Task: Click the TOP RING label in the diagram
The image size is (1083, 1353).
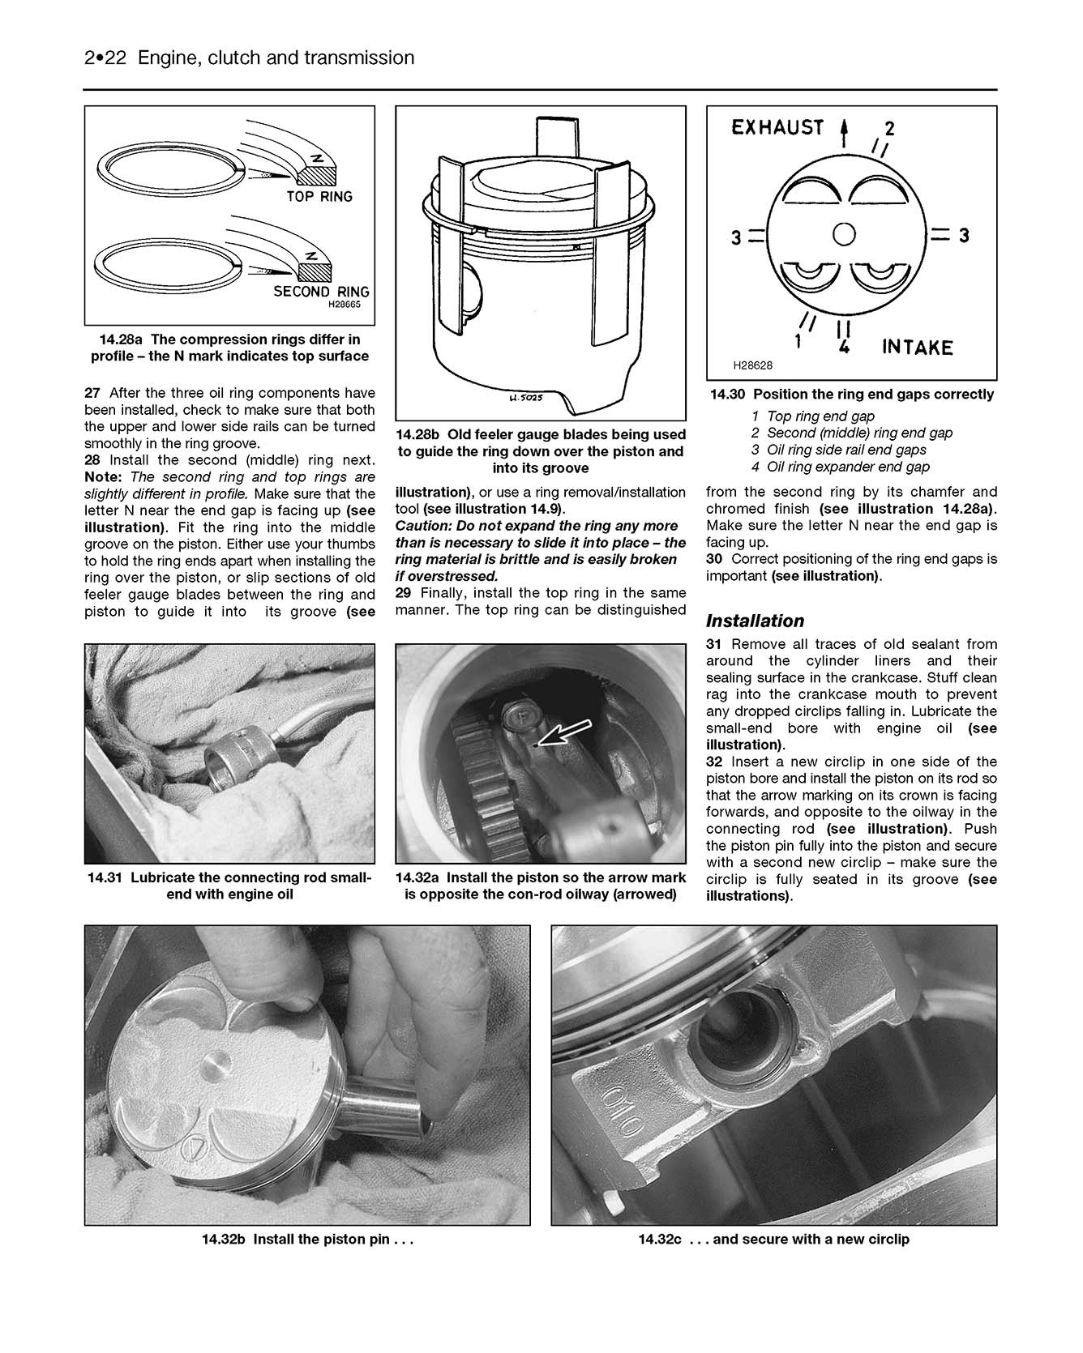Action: click(x=319, y=197)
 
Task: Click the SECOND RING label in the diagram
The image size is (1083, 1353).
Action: click(x=320, y=292)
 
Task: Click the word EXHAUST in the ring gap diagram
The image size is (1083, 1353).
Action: click(x=777, y=127)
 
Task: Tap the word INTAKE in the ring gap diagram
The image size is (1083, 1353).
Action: click(x=917, y=348)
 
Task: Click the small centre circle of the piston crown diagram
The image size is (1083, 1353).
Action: click(x=844, y=234)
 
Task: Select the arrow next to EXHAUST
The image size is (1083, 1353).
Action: click(x=845, y=131)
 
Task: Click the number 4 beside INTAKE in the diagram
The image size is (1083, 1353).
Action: click(x=843, y=347)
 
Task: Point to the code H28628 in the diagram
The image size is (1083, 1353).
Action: click(x=752, y=365)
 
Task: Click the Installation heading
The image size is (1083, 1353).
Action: click(x=755, y=621)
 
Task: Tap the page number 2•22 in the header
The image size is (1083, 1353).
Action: click(x=107, y=58)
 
